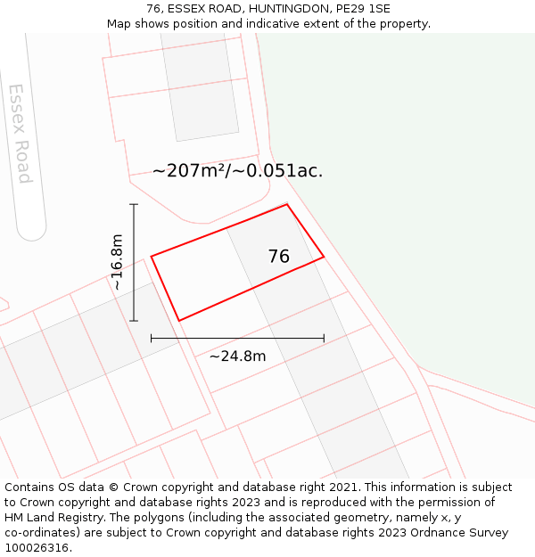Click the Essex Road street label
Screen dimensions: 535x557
tap(20, 134)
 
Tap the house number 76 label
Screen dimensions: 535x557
tap(278, 257)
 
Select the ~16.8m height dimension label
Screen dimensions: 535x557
tap(117, 262)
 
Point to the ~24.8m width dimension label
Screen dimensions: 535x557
tap(237, 356)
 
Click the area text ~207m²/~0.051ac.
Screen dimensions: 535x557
tap(237, 171)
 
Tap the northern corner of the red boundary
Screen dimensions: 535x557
tap(287, 204)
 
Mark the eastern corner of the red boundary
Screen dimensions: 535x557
tap(324, 257)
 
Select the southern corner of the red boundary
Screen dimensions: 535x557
tap(179, 321)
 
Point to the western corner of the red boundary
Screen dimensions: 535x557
tap(152, 257)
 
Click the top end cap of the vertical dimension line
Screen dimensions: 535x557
tap(134, 204)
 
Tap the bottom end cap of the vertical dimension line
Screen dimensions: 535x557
tap(134, 321)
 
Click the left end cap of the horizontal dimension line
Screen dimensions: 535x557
tap(152, 338)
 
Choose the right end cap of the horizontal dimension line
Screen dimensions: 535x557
tap(324, 338)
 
